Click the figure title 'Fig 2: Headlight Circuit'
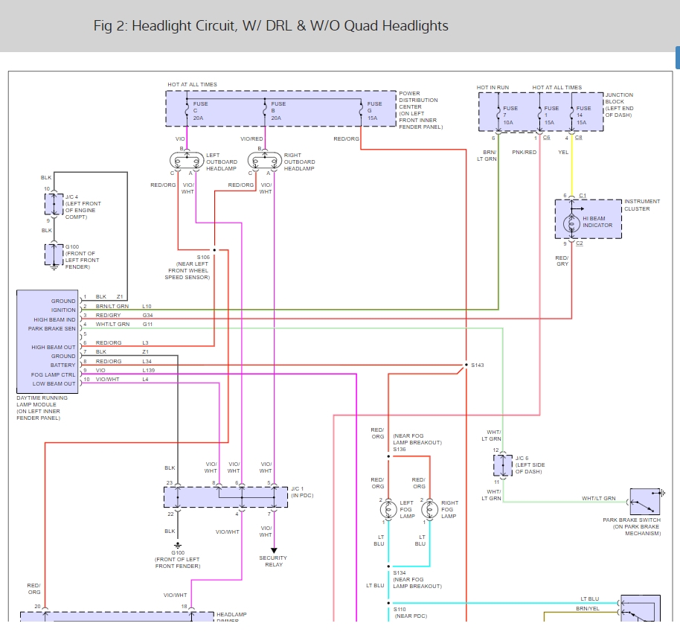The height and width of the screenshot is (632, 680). click(x=271, y=26)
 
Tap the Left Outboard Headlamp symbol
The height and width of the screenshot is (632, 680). click(x=186, y=162)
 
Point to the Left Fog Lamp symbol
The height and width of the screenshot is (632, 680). click(x=388, y=510)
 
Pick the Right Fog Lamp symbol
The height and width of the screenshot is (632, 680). click(x=428, y=510)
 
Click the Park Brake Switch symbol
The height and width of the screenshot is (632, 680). click(x=644, y=502)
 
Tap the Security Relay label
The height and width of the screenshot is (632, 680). click(x=273, y=561)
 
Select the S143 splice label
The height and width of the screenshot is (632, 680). click(x=478, y=366)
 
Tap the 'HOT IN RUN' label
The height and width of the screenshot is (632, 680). click(x=493, y=88)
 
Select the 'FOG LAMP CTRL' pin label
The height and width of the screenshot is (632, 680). click(x=54, y=374)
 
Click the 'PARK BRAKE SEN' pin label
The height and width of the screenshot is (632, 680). click(x=52, y=328)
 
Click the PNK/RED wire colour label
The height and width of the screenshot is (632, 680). click(x=525, y=152)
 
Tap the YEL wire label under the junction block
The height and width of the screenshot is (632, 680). click(x=563, y=152)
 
